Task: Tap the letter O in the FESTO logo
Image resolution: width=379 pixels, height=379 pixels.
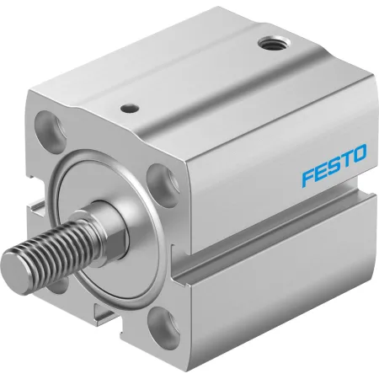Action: coord(358,154)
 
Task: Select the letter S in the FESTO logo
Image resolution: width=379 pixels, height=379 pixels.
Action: coord(332,166)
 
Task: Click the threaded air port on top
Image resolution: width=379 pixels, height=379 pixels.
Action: coord(275,44)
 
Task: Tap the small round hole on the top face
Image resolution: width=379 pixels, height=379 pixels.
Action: coord(130,108)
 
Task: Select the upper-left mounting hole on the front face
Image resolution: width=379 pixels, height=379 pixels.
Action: coord(50,129)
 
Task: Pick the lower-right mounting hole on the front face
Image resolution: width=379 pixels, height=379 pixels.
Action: coord(163,327)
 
